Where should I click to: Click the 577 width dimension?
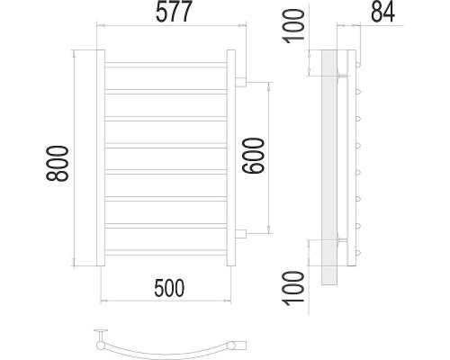point(174,12)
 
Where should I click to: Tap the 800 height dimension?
point(58,164)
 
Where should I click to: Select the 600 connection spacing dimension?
point(254,156)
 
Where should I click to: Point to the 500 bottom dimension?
point(169,288)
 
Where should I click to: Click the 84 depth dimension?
point(382,12)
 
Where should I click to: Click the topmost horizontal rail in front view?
point(166,65)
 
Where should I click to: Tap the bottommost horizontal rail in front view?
point(166,253)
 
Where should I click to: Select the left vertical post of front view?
point(101,157)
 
